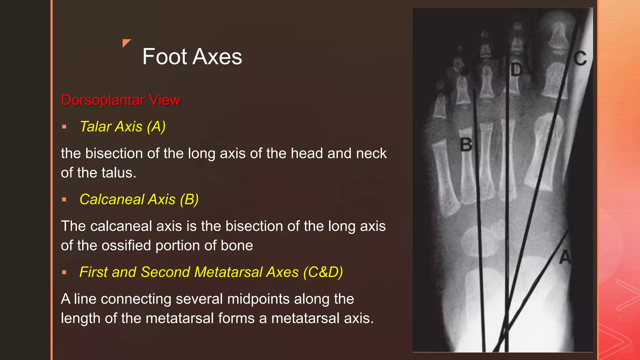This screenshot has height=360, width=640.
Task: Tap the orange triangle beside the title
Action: click(126, 43)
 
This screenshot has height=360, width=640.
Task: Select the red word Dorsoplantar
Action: click(103, 100)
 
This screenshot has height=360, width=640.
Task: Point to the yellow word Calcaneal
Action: click(112, 199)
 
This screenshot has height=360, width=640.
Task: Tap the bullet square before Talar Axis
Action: click(64, 127)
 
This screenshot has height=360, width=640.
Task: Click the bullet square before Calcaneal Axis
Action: click(64, 200)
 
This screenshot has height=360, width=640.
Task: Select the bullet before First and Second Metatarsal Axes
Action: click(64, 272)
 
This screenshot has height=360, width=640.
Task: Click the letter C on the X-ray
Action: click(580, 58)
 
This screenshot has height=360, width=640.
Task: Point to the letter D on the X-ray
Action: click(517, 70)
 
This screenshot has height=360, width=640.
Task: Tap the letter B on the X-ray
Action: click(466, 145)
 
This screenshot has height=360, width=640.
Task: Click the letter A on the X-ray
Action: click(565, 258)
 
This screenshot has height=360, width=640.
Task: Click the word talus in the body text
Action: click(122, 173)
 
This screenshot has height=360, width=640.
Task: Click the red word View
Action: click(165, 100)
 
